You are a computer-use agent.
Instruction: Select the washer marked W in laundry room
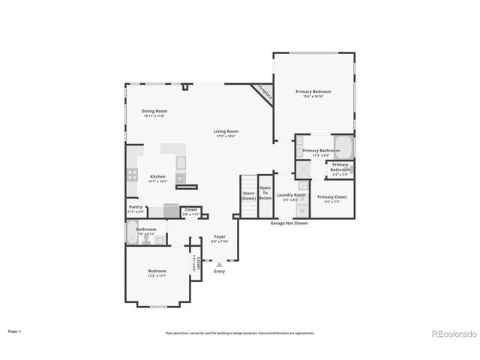[302, 211]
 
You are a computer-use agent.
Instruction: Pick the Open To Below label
[265, 193]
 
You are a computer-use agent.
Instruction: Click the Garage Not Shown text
[289, 223]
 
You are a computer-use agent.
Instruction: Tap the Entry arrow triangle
[219, 265]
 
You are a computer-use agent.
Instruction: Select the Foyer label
[219, 238]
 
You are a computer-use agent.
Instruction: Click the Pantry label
[136, 208]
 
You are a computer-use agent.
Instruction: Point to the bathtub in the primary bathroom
[343, 146]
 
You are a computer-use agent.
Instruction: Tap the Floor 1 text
[15, 331]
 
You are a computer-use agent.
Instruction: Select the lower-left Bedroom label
[157, 273]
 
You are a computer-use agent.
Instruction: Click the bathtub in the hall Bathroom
[132, 232]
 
